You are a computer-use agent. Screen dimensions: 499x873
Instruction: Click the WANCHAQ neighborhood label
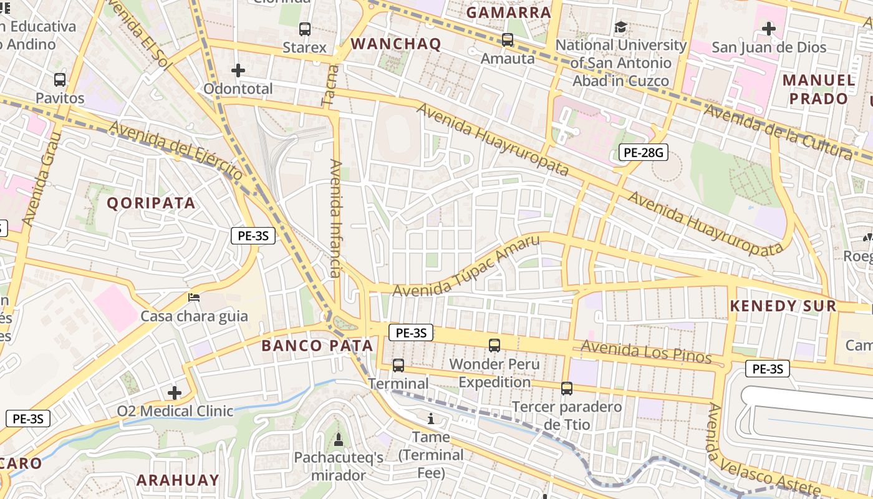click(x=396, y=44)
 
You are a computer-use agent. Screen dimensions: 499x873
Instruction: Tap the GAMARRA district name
click(x=509, y=12)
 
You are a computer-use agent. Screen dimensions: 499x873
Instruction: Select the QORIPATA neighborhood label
click(x=151, y=203)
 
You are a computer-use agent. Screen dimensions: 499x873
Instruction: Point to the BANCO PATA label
click(x=317, y=346)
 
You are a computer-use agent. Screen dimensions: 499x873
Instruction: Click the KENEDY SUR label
click(x=783, y=306)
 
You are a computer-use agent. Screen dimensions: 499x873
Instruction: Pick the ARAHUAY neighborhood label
click(x=178, y=480)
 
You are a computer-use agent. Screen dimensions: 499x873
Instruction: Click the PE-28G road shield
click(x=643, y=152)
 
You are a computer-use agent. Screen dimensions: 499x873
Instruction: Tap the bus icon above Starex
click(x=305, y=29)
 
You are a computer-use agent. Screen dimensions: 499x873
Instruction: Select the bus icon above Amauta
click(x=508, y=40)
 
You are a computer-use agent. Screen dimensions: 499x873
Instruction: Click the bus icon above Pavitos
click(x=60, y=80)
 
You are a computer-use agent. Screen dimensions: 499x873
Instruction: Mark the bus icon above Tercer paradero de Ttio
click(x=567, y=388)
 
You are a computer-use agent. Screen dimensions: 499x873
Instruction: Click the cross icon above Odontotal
click(x=238, y=70)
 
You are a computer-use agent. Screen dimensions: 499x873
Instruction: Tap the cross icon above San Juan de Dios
click(x=769, y=29)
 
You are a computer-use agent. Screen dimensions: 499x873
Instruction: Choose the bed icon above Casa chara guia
click(x=194, y=297)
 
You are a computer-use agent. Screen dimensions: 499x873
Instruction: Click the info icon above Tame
click(x=430, y=418)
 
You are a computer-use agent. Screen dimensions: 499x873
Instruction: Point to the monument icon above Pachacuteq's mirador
click(x=339, y=439)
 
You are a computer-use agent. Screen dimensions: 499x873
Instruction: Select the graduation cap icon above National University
click(x=620, y=27)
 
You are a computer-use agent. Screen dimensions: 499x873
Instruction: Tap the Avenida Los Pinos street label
click(x=646, y=352)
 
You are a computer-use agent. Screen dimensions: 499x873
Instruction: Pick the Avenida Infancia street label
click(x=336, y=218)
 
